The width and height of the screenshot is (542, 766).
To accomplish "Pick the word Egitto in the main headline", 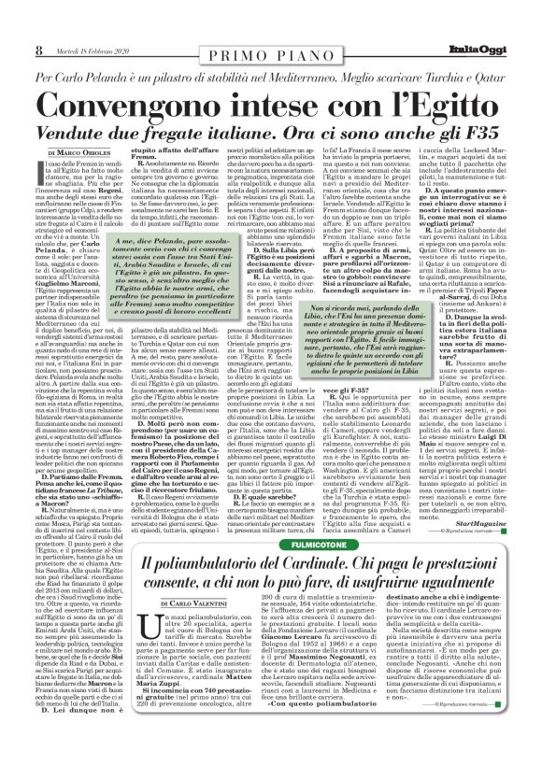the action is tap(431, 106).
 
